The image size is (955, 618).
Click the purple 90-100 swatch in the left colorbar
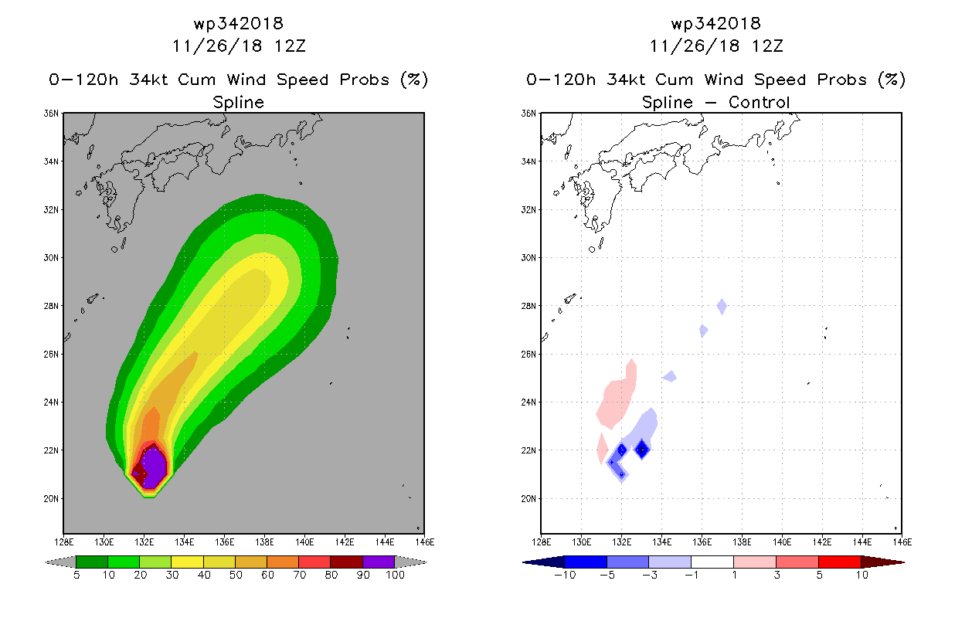[x=379, y=562]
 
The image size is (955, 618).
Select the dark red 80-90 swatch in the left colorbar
[x=347, y=562]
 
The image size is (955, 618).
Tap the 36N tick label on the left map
[x=51, y=114]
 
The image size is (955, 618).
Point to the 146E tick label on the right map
[x=902, y=542]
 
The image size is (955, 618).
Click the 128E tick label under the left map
[x=63, y=542]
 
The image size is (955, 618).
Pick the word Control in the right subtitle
[x=759, y=102]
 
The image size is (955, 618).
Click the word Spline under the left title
[x=238, y=102]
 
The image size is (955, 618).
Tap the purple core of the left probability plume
[x=154, y=467]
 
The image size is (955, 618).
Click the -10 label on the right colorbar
[x=565, y=575]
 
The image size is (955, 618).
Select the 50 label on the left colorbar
[x=236, y=575]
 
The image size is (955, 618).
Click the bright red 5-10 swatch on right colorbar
[x=840, y=562]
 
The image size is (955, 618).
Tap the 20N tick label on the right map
[x=528, y=499]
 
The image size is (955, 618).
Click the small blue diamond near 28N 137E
[x=722, y=306]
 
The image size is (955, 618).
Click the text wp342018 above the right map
[x=715, y=23]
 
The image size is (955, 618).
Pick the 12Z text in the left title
[x=290, y=46]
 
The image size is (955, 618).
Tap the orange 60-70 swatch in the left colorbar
[x=283, y=562]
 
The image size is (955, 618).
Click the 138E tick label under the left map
[x=264, y=542]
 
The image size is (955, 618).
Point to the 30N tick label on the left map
[x=51, y=258]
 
